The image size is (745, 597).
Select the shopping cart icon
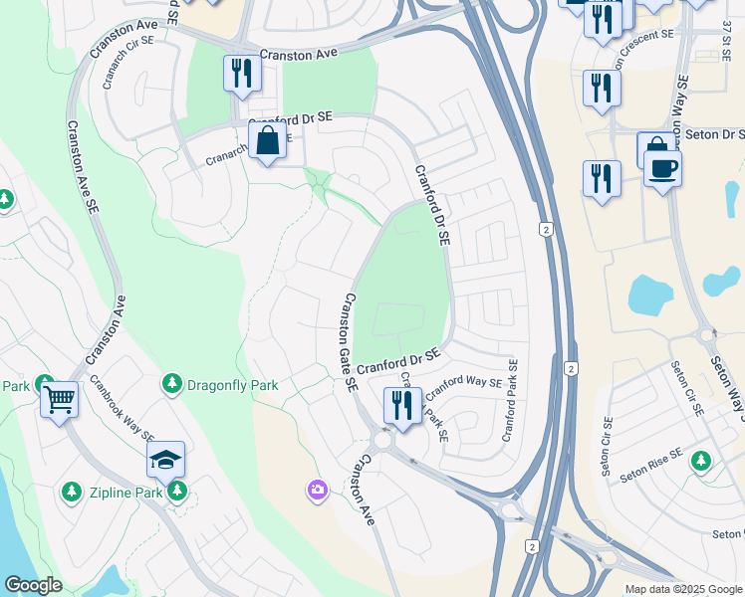pos(59,400)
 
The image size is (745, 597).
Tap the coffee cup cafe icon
pos(662,167)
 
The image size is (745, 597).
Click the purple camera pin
pos(318,490)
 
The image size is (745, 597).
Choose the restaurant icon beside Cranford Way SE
pos(402,405)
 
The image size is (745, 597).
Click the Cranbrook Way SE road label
pos(122,408)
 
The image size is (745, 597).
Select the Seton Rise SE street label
pos(650,465)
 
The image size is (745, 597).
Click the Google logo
pos(33,585)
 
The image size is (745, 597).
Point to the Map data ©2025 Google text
pos(682,589)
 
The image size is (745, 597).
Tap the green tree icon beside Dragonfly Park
pos(171,383)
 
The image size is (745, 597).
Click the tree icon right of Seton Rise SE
pos(702,461)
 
